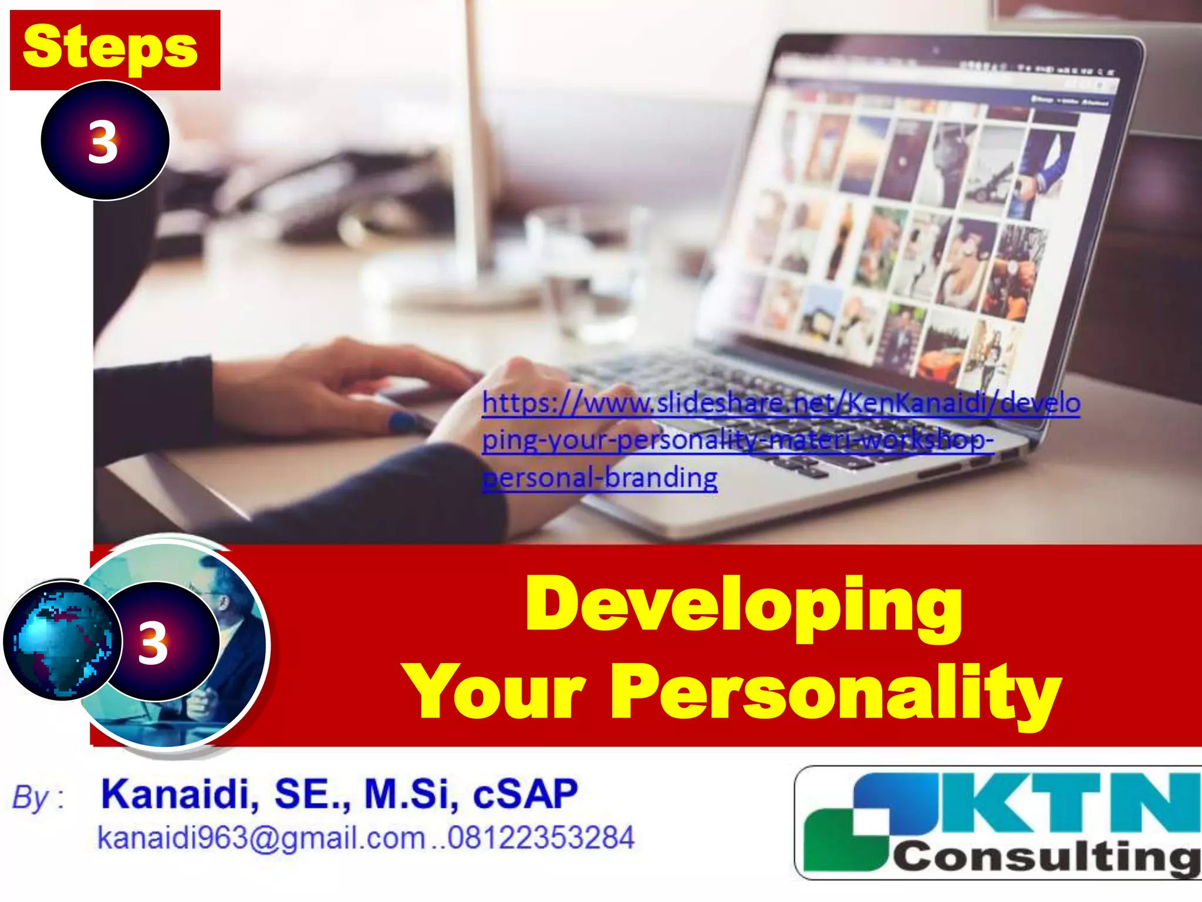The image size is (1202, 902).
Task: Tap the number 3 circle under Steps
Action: click(x=104, y=141)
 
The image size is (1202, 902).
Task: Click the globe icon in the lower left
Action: click(x=62, y=641)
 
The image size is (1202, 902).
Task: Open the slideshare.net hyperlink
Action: click(x=781, y=404)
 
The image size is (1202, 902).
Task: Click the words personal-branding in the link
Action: click(x=600, y=477)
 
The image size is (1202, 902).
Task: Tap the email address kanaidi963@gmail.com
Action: click(x=261, y=837)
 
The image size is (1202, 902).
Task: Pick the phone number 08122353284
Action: click(x=541, y=837)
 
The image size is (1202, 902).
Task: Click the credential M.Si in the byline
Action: click(x=410, y=794)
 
